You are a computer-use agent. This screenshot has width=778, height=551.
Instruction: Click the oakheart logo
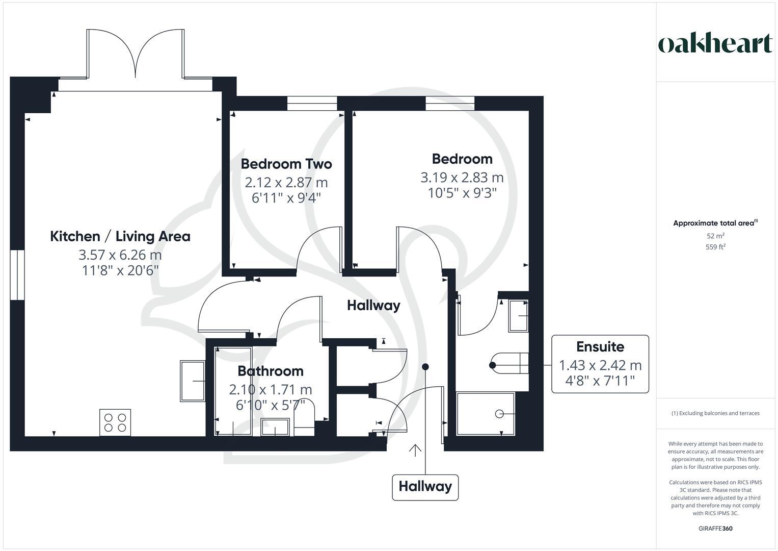click(715, 44)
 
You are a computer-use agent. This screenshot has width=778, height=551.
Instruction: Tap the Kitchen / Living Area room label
click(120, 236)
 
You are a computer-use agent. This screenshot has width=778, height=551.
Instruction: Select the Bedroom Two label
click(286, 164)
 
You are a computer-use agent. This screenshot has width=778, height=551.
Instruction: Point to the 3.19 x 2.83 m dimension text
click(462, 178)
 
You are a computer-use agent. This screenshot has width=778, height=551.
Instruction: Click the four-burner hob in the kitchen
click(115, 422)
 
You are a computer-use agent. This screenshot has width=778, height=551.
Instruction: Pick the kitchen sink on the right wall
click(193, 381)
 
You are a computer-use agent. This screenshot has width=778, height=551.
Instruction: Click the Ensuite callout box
click(600, 364)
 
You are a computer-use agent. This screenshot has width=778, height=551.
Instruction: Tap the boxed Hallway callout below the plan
click(425, 487)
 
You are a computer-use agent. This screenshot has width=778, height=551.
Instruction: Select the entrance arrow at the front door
click(415, 450)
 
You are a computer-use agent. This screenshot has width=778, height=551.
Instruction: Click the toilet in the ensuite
click(509, 365)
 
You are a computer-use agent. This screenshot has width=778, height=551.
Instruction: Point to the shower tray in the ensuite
click(486, 414)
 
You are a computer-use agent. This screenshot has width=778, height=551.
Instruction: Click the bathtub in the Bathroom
click(233, 391)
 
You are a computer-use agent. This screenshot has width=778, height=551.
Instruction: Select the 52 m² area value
click(715, 236)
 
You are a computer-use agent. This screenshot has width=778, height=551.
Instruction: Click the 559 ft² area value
click(715, 247)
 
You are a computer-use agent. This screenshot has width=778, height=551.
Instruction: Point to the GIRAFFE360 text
click(715, 529)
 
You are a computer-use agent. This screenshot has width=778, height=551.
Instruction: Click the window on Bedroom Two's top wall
click(312, 104)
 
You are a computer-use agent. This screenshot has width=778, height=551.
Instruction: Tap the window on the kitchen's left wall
click(17, 274)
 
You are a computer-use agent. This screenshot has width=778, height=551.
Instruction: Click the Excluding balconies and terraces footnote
click(715, 413)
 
